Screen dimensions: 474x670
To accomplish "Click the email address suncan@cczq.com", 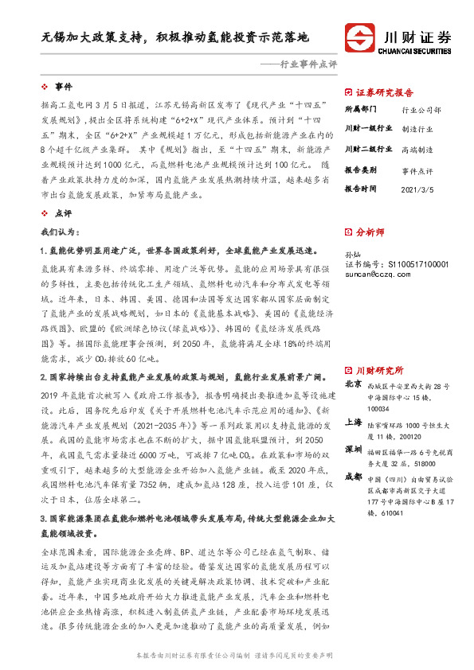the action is [378, 274].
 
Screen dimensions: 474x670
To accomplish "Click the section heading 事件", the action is [63, 85].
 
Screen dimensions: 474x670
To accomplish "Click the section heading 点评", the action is [63, 214].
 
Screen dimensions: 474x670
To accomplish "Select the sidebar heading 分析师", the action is [370, 232].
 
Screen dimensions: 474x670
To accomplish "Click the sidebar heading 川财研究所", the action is [379, 349].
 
